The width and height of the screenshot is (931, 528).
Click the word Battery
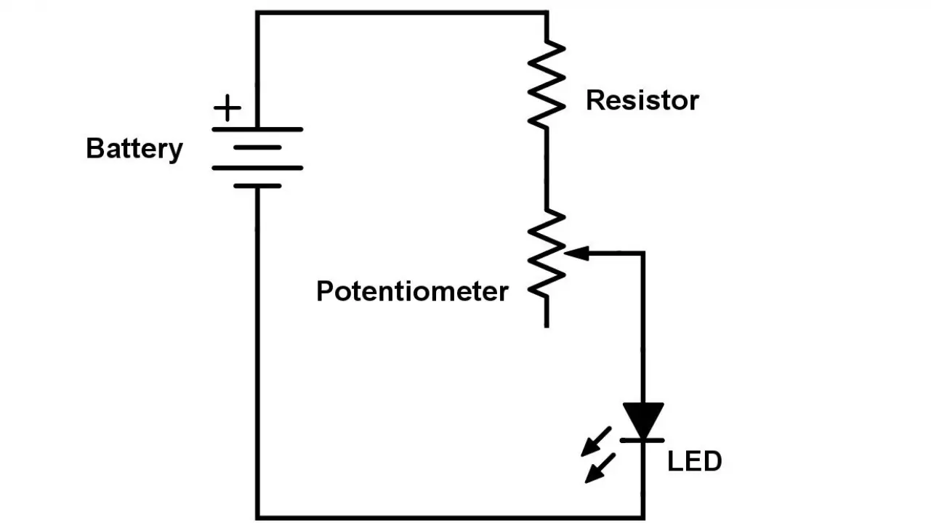(x=134, y=149)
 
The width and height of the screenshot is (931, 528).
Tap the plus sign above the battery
(x=227, y=109)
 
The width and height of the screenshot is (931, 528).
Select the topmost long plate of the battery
(x=257, y=130)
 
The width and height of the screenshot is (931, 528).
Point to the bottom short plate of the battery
(x=257, y=186)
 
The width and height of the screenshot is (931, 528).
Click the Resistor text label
(x=642, y=100)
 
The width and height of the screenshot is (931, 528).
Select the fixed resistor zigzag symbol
(x=547, y=85)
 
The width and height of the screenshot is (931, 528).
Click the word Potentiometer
(x=412, y=291)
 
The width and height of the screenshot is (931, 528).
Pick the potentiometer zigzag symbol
(x=547, y=254)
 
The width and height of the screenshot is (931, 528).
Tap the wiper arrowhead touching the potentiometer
(x=576, y=253)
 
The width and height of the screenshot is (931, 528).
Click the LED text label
(x=694, y=461)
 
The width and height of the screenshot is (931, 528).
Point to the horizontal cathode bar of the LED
(x=643, y=440)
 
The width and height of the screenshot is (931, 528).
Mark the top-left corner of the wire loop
(x=257, y=12)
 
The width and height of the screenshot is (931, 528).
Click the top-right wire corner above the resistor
(x=547, y=12)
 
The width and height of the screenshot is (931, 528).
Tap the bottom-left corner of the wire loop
(x=257, y=517)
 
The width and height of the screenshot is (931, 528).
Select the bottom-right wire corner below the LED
(x=643, y=517)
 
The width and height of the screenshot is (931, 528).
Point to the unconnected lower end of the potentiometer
(x=547, y=325)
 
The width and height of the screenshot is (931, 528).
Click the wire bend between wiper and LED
(x=643, y=253)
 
